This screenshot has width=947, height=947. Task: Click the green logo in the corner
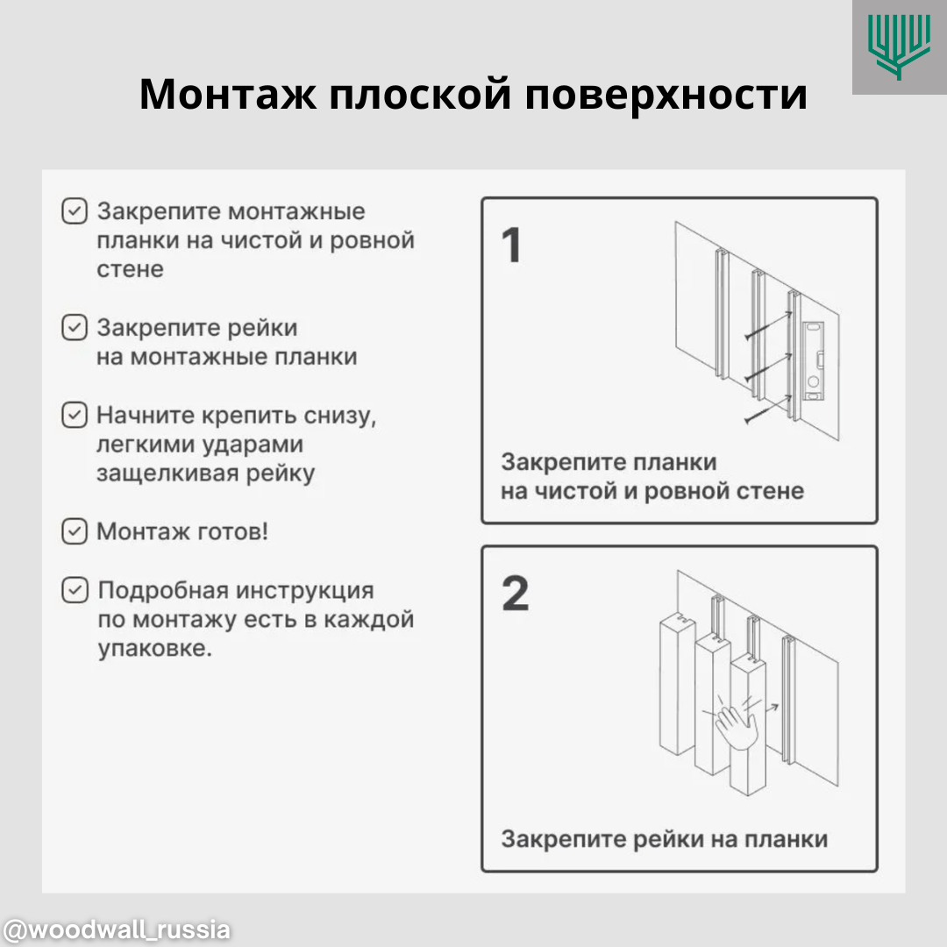(899, 46)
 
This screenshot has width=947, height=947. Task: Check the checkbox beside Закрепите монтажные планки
(75, 211)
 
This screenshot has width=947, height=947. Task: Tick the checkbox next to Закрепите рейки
(75, 328)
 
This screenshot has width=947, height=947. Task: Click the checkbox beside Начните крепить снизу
(75, 415)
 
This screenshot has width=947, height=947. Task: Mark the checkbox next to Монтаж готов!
(75, 531)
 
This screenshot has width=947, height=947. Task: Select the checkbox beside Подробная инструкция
(75, 590)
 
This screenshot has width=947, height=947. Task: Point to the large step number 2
(516, 594)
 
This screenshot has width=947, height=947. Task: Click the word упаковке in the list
(154, 650)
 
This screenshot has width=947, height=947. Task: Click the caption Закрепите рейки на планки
(664, 839)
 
